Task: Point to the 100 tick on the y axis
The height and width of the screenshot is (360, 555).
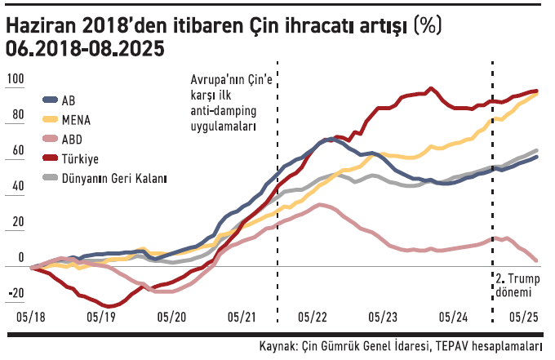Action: [16, 79]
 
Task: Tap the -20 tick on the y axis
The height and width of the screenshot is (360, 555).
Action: [16, 295]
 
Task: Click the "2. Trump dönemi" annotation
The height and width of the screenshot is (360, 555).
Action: [520, 285]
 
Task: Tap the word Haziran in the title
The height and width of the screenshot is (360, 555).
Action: [44, 26]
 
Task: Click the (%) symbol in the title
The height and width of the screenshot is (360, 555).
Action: [427, 26]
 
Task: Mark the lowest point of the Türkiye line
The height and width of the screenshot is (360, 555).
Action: [107, 306]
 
